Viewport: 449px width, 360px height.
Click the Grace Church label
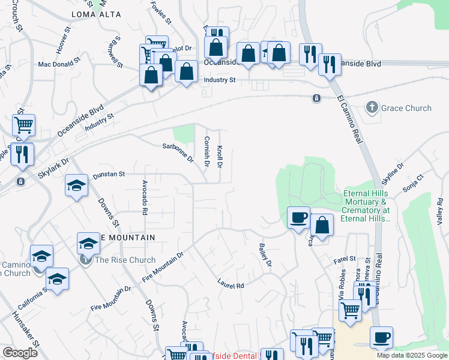406,109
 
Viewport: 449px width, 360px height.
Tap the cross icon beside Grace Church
372,109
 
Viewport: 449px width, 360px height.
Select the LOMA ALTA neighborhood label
96,14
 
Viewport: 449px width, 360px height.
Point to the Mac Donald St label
59,62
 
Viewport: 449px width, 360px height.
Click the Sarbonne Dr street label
178,153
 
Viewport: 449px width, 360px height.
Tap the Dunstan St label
109,174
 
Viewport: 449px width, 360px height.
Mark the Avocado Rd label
145,197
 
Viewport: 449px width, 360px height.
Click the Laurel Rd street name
231,283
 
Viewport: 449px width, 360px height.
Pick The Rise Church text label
125,260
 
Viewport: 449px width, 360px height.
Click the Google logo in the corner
20,353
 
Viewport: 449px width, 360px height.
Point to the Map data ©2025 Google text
412,355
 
